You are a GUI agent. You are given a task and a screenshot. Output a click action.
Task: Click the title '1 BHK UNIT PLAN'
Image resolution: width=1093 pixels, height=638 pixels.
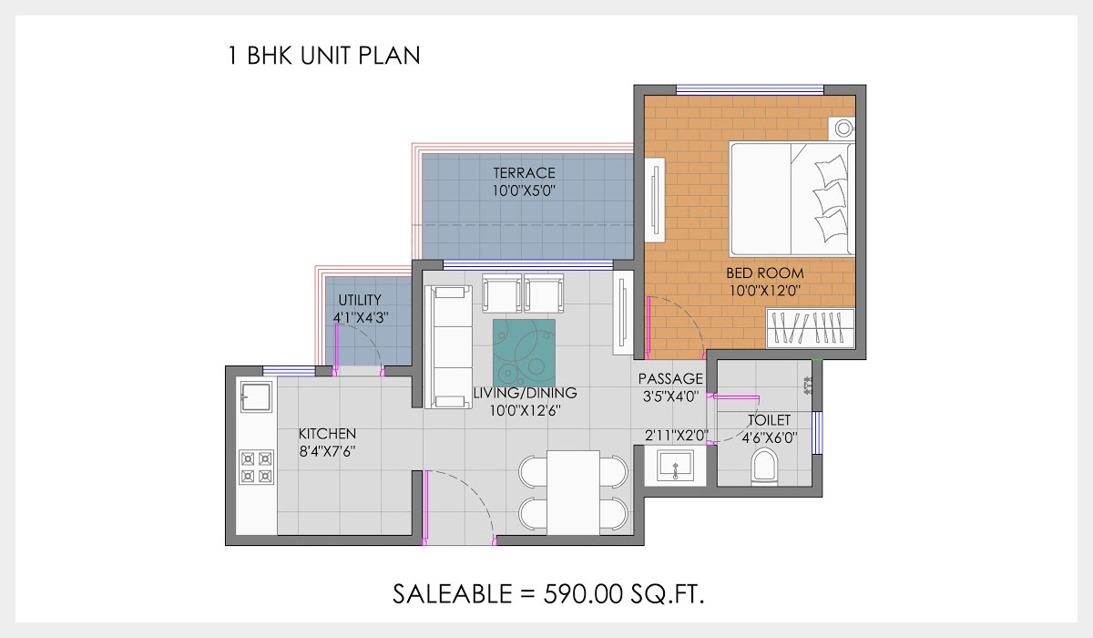click(323, 56)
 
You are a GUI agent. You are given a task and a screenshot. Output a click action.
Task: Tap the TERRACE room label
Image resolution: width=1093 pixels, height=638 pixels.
click(524, 173)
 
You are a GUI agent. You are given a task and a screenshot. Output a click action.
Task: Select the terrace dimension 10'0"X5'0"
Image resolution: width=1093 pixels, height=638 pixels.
click(524, 191)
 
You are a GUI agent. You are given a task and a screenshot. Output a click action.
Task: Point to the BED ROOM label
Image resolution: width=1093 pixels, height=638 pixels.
click(764, 273)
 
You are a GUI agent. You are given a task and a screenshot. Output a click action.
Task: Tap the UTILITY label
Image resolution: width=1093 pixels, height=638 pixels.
click(360, 300)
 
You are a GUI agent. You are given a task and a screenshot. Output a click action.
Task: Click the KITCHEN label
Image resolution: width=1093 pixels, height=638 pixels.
click(327, 434)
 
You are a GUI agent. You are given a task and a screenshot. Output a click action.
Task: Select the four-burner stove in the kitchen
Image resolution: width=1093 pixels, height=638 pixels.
click(256, 468)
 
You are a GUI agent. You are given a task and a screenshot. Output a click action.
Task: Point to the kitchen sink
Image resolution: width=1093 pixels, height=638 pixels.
click(256, 397)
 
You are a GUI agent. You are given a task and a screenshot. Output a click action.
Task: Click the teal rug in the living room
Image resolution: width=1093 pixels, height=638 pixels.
click(524, 353)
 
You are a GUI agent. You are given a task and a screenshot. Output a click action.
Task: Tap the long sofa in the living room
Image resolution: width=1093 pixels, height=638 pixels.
click(446, 347)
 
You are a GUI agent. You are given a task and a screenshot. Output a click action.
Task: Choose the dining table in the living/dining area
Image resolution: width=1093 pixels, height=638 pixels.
click(573, 492)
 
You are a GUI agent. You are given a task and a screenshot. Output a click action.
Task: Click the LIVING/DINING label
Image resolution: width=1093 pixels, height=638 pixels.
click(525, 393)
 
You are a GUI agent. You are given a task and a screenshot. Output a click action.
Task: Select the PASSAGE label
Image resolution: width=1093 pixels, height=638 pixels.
click(670, 378)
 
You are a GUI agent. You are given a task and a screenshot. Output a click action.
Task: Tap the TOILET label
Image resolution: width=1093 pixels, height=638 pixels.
click(769, 420)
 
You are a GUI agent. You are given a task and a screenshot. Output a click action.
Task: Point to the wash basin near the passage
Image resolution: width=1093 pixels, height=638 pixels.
click(675, 467)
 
